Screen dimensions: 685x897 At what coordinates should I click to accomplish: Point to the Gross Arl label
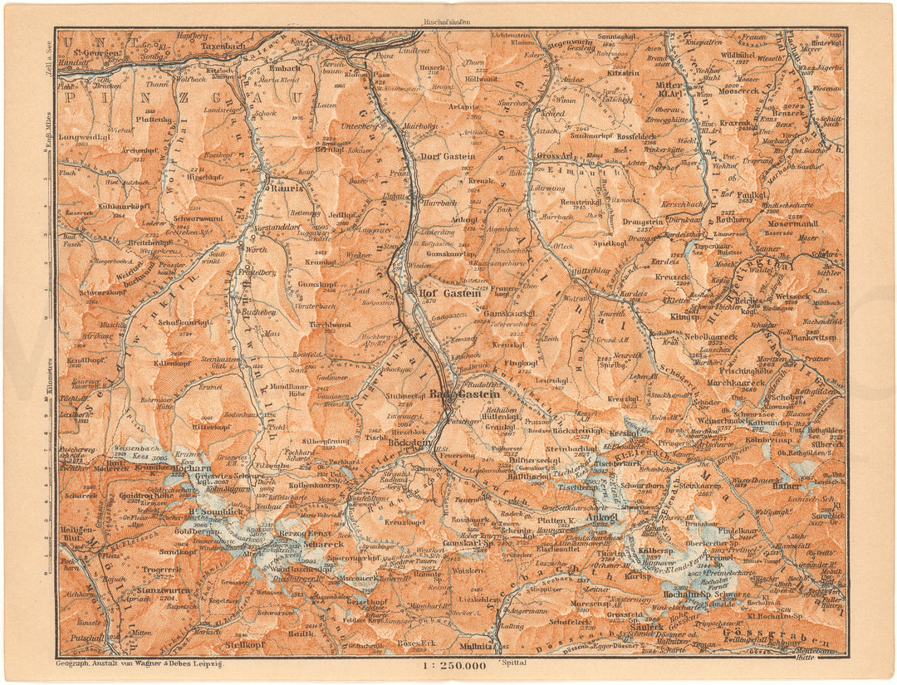click(x=557, y=155)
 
